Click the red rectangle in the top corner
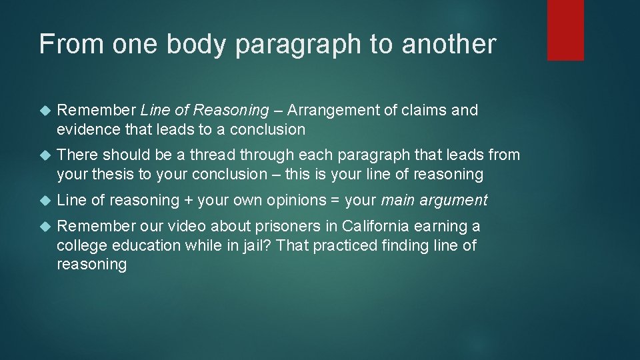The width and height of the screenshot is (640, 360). [565, 30]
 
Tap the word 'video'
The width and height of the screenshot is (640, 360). [185, 227]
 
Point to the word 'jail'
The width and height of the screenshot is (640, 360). [250, 245]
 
